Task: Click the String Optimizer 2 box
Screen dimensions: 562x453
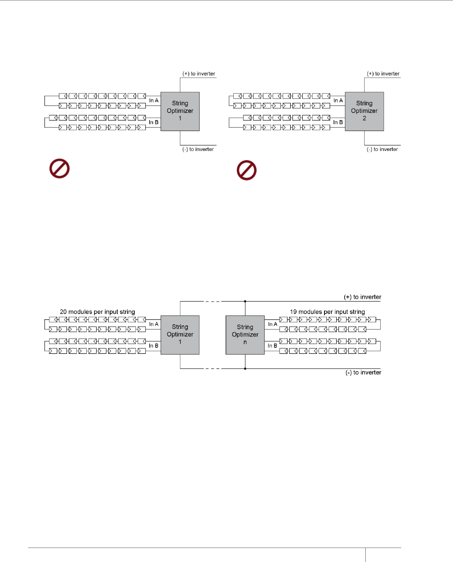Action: [364, 111]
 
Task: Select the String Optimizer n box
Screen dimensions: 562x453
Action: [245, 335]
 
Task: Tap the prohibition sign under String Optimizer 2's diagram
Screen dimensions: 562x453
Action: [247, 170]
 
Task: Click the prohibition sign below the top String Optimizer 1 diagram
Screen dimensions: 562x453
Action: [60, 169]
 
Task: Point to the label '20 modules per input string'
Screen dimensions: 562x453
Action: [97, 312]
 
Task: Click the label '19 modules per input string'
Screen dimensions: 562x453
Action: [327, 312]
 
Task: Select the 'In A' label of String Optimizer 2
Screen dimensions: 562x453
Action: [338, 101]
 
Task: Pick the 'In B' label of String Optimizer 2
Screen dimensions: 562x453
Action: [338, 122]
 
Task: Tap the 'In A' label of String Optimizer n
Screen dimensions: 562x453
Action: [273, 324]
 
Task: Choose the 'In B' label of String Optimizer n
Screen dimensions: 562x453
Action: [273, 346]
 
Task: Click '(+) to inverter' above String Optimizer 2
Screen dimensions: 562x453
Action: [383, 74]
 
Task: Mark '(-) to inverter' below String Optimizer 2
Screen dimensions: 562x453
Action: [382, 149]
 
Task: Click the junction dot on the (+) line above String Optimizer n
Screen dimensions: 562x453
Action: [245, 301]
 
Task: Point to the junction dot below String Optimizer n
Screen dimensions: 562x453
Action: [245, 369]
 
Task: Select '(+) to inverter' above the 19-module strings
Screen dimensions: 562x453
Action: [362, 297]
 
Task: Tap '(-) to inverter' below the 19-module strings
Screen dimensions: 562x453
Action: [363, 373]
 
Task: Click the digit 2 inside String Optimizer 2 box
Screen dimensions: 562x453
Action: [364, 118]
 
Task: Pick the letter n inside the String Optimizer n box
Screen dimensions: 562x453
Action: [245, 342]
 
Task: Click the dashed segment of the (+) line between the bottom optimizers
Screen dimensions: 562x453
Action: [213, 301]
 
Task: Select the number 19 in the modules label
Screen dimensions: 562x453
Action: [293, 312]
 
